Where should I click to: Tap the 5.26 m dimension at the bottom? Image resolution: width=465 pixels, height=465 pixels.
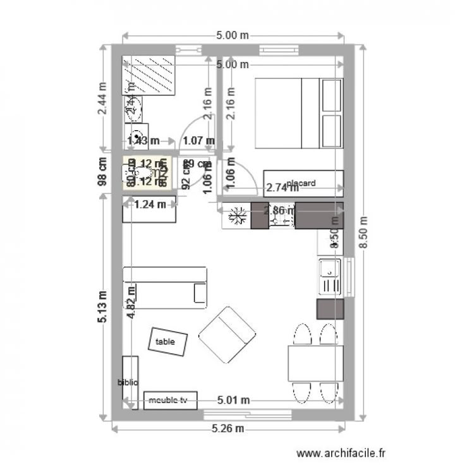[x=227, y=429]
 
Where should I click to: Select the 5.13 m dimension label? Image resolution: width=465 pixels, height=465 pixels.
[x=103, y=306]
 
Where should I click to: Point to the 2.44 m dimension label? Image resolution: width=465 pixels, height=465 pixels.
[x=103, y=100]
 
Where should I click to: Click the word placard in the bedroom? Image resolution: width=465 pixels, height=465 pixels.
[x=300, y=183]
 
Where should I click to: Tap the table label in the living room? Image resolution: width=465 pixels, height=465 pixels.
[x=165, y=342]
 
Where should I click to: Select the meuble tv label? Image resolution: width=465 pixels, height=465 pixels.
[x=169, y=400]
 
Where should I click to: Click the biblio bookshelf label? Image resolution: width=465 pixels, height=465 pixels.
[x=128, y=382]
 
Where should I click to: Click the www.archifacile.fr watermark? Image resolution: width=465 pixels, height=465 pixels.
[x=341, y=452]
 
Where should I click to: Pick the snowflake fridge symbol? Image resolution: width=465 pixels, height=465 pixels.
[x=236, y=216]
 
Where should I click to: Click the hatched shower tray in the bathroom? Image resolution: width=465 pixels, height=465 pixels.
[x=149, y=75]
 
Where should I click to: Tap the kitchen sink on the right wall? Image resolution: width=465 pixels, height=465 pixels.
[x=330, y=276]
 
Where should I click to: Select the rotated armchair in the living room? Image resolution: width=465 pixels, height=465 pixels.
[x=226, y=335]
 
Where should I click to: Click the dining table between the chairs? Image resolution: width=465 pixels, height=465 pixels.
[x=315, y=364]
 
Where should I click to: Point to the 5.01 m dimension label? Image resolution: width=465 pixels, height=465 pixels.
[x=233, y=400]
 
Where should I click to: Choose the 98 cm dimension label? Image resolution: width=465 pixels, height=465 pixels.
[x=103, y=172]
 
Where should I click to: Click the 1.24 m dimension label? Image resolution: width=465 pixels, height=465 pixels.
[x=150, y=203]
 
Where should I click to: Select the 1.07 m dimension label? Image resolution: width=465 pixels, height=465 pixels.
[x=198, y=140]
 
